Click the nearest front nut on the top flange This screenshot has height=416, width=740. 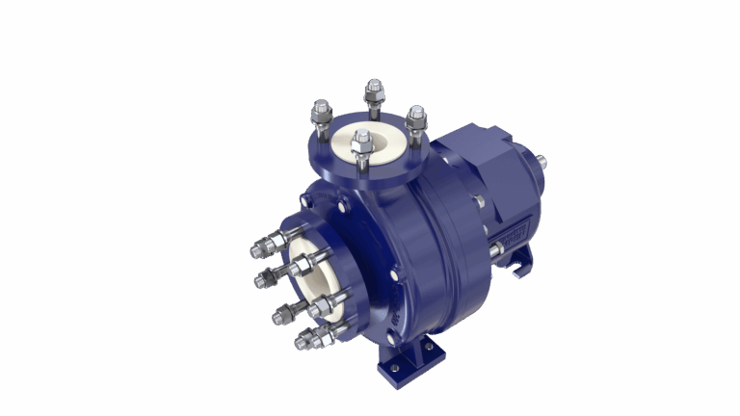(x=362, y=145)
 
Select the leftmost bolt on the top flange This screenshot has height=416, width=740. (x=321, y=116)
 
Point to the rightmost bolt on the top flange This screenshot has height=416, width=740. (x=416, y=119)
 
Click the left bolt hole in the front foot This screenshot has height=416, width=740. (x=393, y=367)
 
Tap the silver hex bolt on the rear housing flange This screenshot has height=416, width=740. (x=478, y=201)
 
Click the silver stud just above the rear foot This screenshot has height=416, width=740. (x=495, y=250)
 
